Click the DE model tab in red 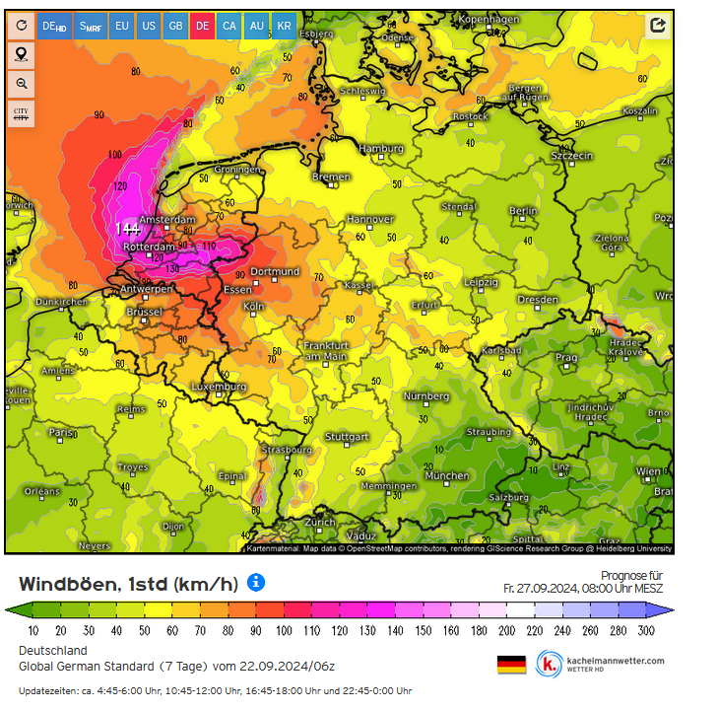(x=202, y=25)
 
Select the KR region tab (x=284, y=25)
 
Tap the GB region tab (x=175, y=25)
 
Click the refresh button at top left (x=22, y=25)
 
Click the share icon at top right (x=657, y=26)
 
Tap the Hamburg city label (x=382, y=149)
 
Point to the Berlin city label (x=524, y=211)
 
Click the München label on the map (x=446, y=475)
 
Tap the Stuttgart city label (x=347, y=437)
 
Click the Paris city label (x=61, y=432)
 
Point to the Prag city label (x=565, y=358)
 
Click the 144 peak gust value (x=127, y=229)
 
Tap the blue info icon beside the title (x=256, y=583)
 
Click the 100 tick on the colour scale (x=284, y=630)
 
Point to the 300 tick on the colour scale (x=646, y=630)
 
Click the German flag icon (x=511, y=664)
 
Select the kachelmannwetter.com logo (x=601, y=664)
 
